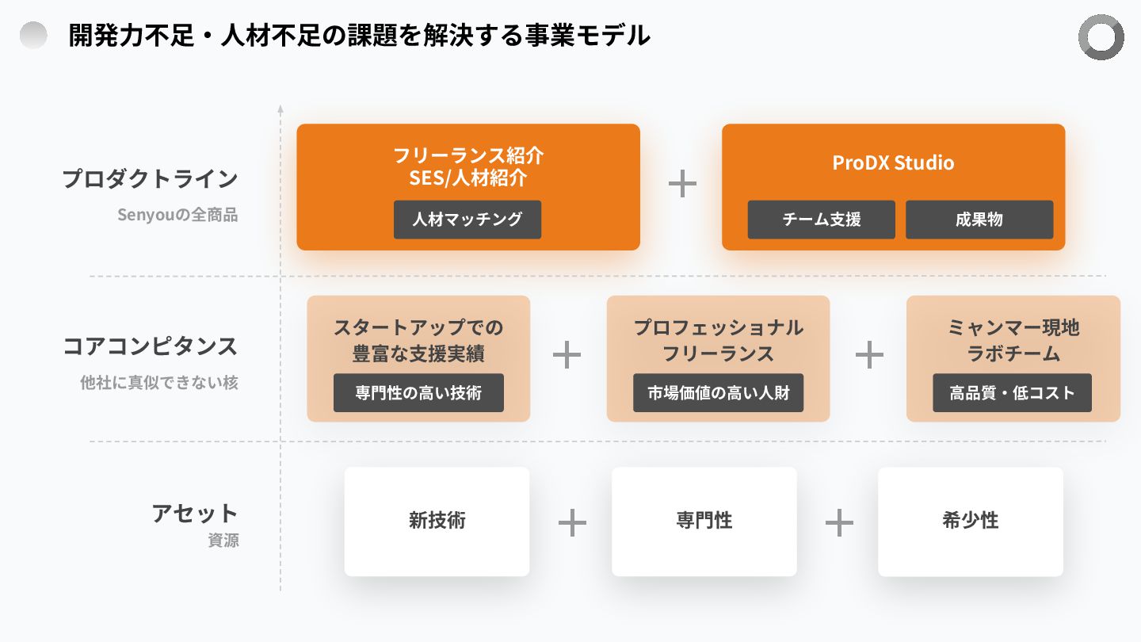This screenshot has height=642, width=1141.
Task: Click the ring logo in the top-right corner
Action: tap(1101, 37)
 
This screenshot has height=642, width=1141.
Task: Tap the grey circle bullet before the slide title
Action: tap(33, 36)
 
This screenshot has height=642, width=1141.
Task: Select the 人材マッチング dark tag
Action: tap(467, 220)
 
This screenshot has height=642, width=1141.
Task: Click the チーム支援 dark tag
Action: tap(821, 220)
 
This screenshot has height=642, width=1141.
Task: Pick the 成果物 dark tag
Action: tap(979, 220)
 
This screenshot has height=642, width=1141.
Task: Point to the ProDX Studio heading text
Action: tap(893, 163)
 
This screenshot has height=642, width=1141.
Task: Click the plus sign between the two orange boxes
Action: tap(682, 184)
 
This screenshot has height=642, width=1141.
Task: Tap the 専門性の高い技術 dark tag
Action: tap(418, 393)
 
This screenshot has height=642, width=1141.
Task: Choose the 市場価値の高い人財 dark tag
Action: tap(718, 393)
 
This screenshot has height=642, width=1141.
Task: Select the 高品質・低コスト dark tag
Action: tap(1012, 393)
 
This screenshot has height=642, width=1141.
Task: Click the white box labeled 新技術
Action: tap(437, 521)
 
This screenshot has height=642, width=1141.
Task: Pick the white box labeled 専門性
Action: tap(704, 521)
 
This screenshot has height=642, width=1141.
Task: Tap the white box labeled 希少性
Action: tap(970, 521)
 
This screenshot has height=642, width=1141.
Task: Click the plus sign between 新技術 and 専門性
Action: tap(572, 522)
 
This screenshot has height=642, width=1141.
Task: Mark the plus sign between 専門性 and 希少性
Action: tap(839, 522)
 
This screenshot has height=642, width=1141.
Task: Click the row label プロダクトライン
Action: tap(151, 179)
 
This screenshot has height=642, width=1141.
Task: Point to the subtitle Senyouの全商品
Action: tap(177, 215)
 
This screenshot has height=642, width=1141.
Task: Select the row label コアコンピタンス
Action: tap(151, 346)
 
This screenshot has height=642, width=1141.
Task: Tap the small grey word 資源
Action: tap(223, 541)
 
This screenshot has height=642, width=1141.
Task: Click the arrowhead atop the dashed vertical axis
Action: tap(280, 109)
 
